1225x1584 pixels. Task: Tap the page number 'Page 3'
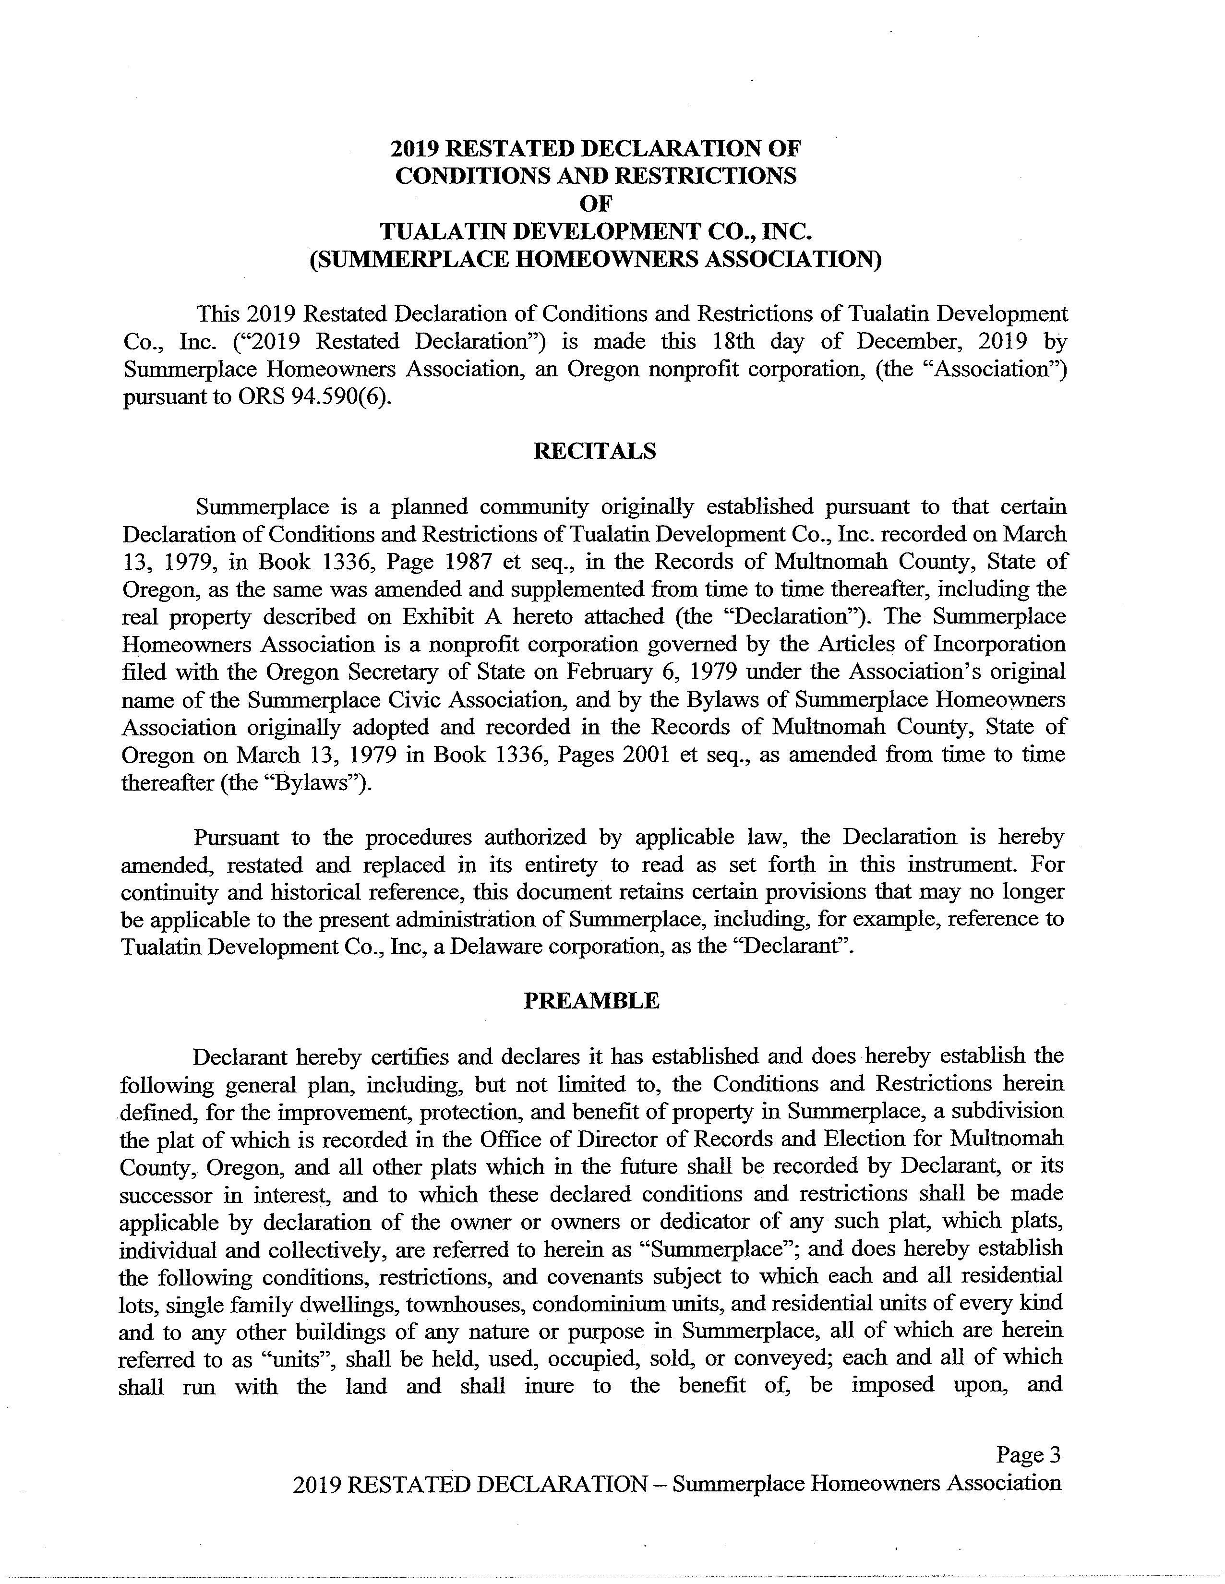click(x=1028, y=1455)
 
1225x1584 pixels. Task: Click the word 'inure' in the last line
click(x=548, y=1386)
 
